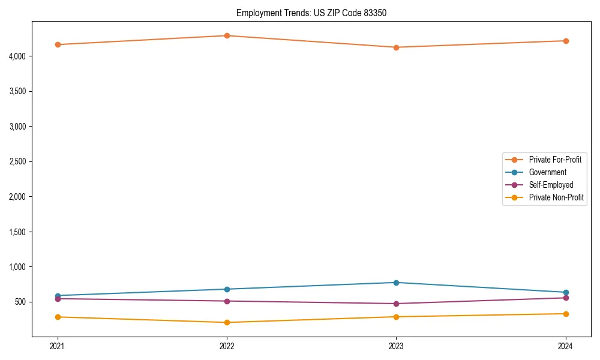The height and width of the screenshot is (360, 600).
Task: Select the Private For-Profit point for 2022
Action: coord(227,35)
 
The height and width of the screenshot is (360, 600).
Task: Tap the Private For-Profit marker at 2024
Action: coord(566,41)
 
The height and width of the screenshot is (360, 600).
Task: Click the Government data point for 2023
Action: coord(396,283)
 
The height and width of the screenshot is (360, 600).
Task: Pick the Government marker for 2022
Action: coord(227,289)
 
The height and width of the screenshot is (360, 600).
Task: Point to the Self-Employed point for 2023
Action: coord(396,304)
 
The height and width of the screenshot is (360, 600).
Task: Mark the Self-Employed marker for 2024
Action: coord(566,298)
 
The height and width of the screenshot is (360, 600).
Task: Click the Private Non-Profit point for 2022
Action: coord(227,322)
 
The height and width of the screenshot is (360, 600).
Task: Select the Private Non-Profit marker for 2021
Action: coord(58,317)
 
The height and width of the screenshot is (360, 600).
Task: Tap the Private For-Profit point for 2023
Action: coord(396,47)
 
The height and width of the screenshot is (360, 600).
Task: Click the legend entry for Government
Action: coord(547,172)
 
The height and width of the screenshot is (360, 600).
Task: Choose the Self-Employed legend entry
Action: coord(551,185)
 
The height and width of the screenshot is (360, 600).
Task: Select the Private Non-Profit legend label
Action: coord(556,197)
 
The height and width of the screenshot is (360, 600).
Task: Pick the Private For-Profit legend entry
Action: coord(555,160)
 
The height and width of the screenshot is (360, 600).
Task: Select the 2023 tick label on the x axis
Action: coord(396,346)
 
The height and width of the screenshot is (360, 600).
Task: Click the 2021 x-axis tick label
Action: coord(58,346)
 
